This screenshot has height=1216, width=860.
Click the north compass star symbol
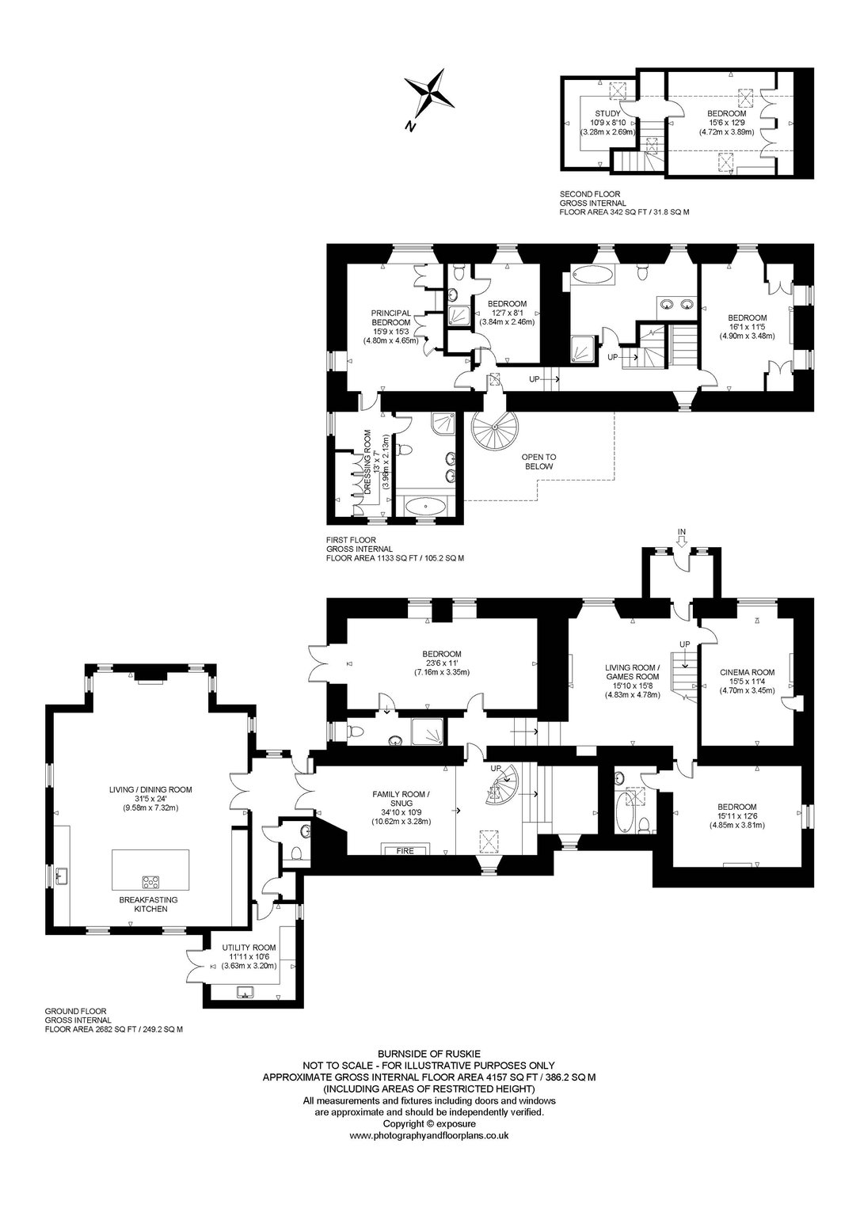click(x=429, y=96)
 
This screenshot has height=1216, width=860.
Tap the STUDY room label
click(x=607, y=113)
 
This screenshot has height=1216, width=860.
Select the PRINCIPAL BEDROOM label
click(x=391, y=317)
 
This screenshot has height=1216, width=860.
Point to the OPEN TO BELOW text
click(x=538, y=462)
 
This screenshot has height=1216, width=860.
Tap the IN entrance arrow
click(x=682, y=540)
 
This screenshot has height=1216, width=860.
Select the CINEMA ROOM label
click(x=747, y=672)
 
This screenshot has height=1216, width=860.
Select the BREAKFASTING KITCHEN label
click(x=148, y=904)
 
